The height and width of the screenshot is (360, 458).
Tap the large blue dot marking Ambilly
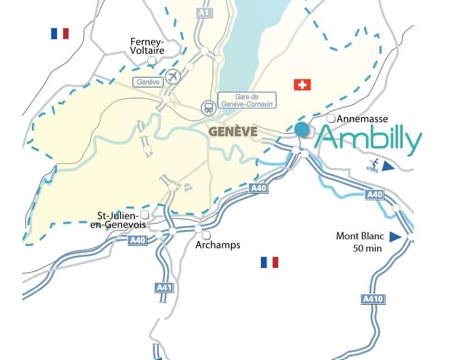click(x=301, y=129)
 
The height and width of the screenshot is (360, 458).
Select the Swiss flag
click(x=302, y=84)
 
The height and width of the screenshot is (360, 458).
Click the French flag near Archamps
click(x=269, y=262)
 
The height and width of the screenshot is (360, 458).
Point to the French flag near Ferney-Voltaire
click(x=60, y=34)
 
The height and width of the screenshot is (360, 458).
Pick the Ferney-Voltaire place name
click(x=147, y=46)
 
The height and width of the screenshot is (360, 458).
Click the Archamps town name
click(x=217, y=245)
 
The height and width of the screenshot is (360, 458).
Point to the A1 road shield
click(x=203, y=12)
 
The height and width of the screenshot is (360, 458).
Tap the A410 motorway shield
click(x=367, y=299)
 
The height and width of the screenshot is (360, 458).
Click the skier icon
click(x=373, y=164)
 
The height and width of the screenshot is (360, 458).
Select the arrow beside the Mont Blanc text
click(x=395, y=236)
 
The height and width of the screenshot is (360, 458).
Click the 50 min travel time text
click(x=367, y=248)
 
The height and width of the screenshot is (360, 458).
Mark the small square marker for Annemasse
click(x=331, y=118)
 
